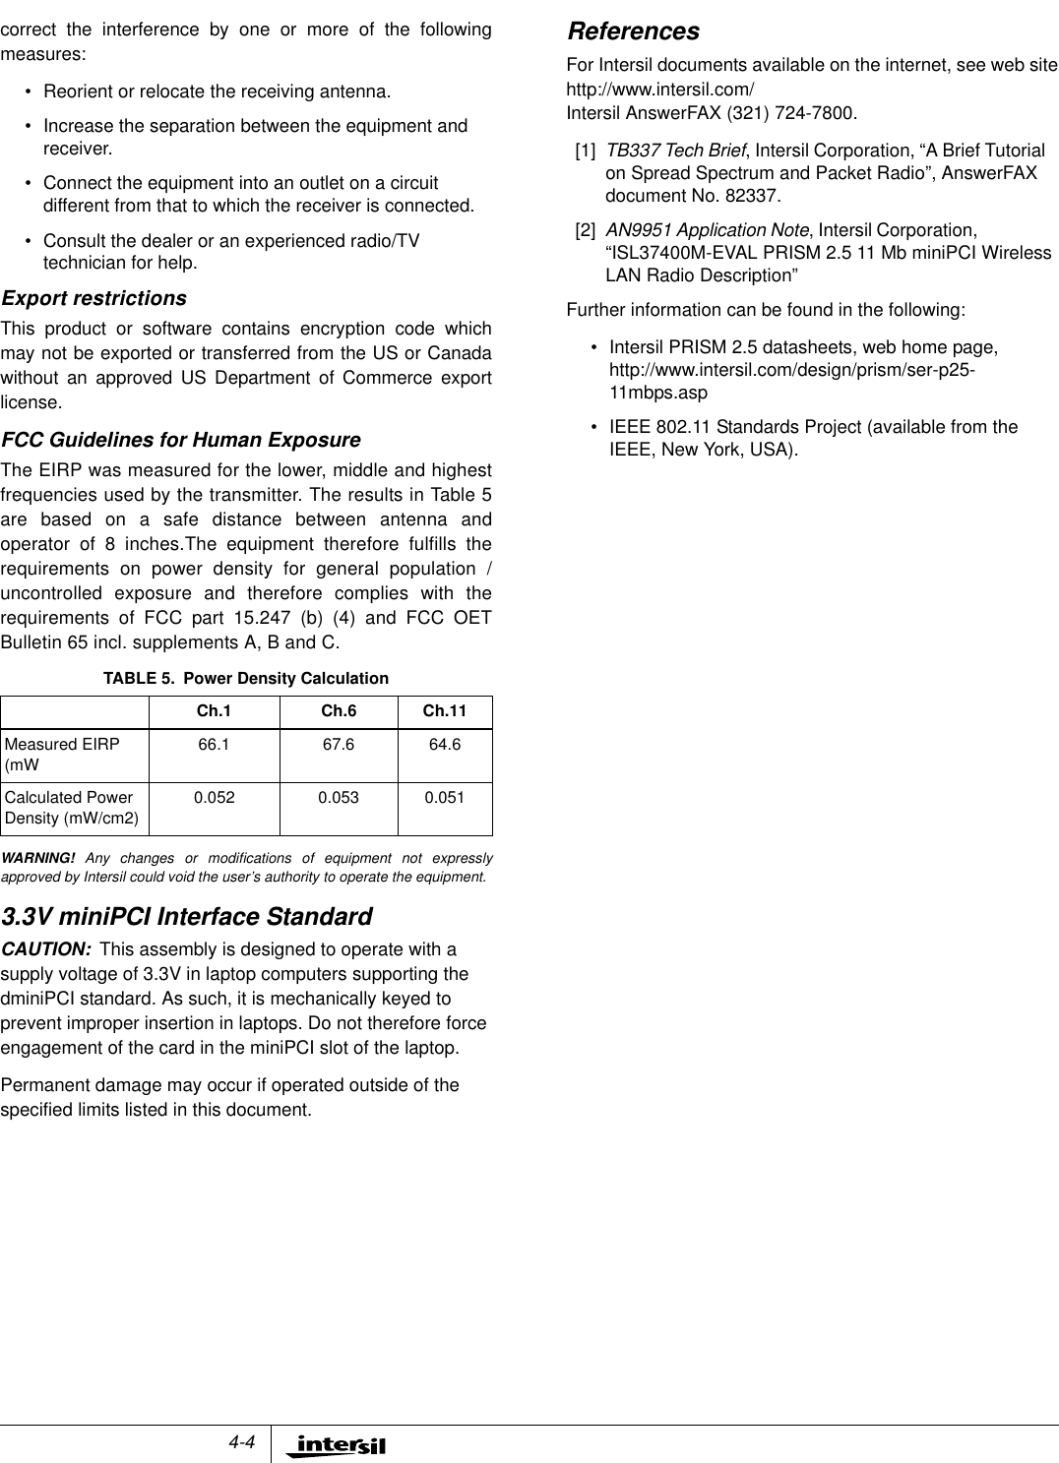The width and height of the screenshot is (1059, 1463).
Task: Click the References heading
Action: coord(634,31)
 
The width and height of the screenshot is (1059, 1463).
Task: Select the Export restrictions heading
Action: coord(93,298)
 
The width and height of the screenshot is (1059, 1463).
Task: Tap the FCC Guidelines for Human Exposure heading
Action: coord(181,439)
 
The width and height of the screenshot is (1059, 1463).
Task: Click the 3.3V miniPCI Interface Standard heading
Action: coord(186,917)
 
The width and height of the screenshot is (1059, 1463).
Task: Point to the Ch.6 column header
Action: coord(340,711)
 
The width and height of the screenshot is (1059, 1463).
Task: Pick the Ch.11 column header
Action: coord(444,711)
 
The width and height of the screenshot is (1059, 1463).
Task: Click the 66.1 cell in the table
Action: coord(214,745)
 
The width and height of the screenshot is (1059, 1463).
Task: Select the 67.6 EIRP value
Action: coord(340,745)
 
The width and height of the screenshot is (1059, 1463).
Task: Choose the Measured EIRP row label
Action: coord(61,754)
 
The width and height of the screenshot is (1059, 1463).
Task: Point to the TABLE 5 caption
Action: coord(246,679)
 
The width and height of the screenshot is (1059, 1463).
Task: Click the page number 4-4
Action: coord(241,1442)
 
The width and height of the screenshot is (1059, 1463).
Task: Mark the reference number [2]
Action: coord(585,230)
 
